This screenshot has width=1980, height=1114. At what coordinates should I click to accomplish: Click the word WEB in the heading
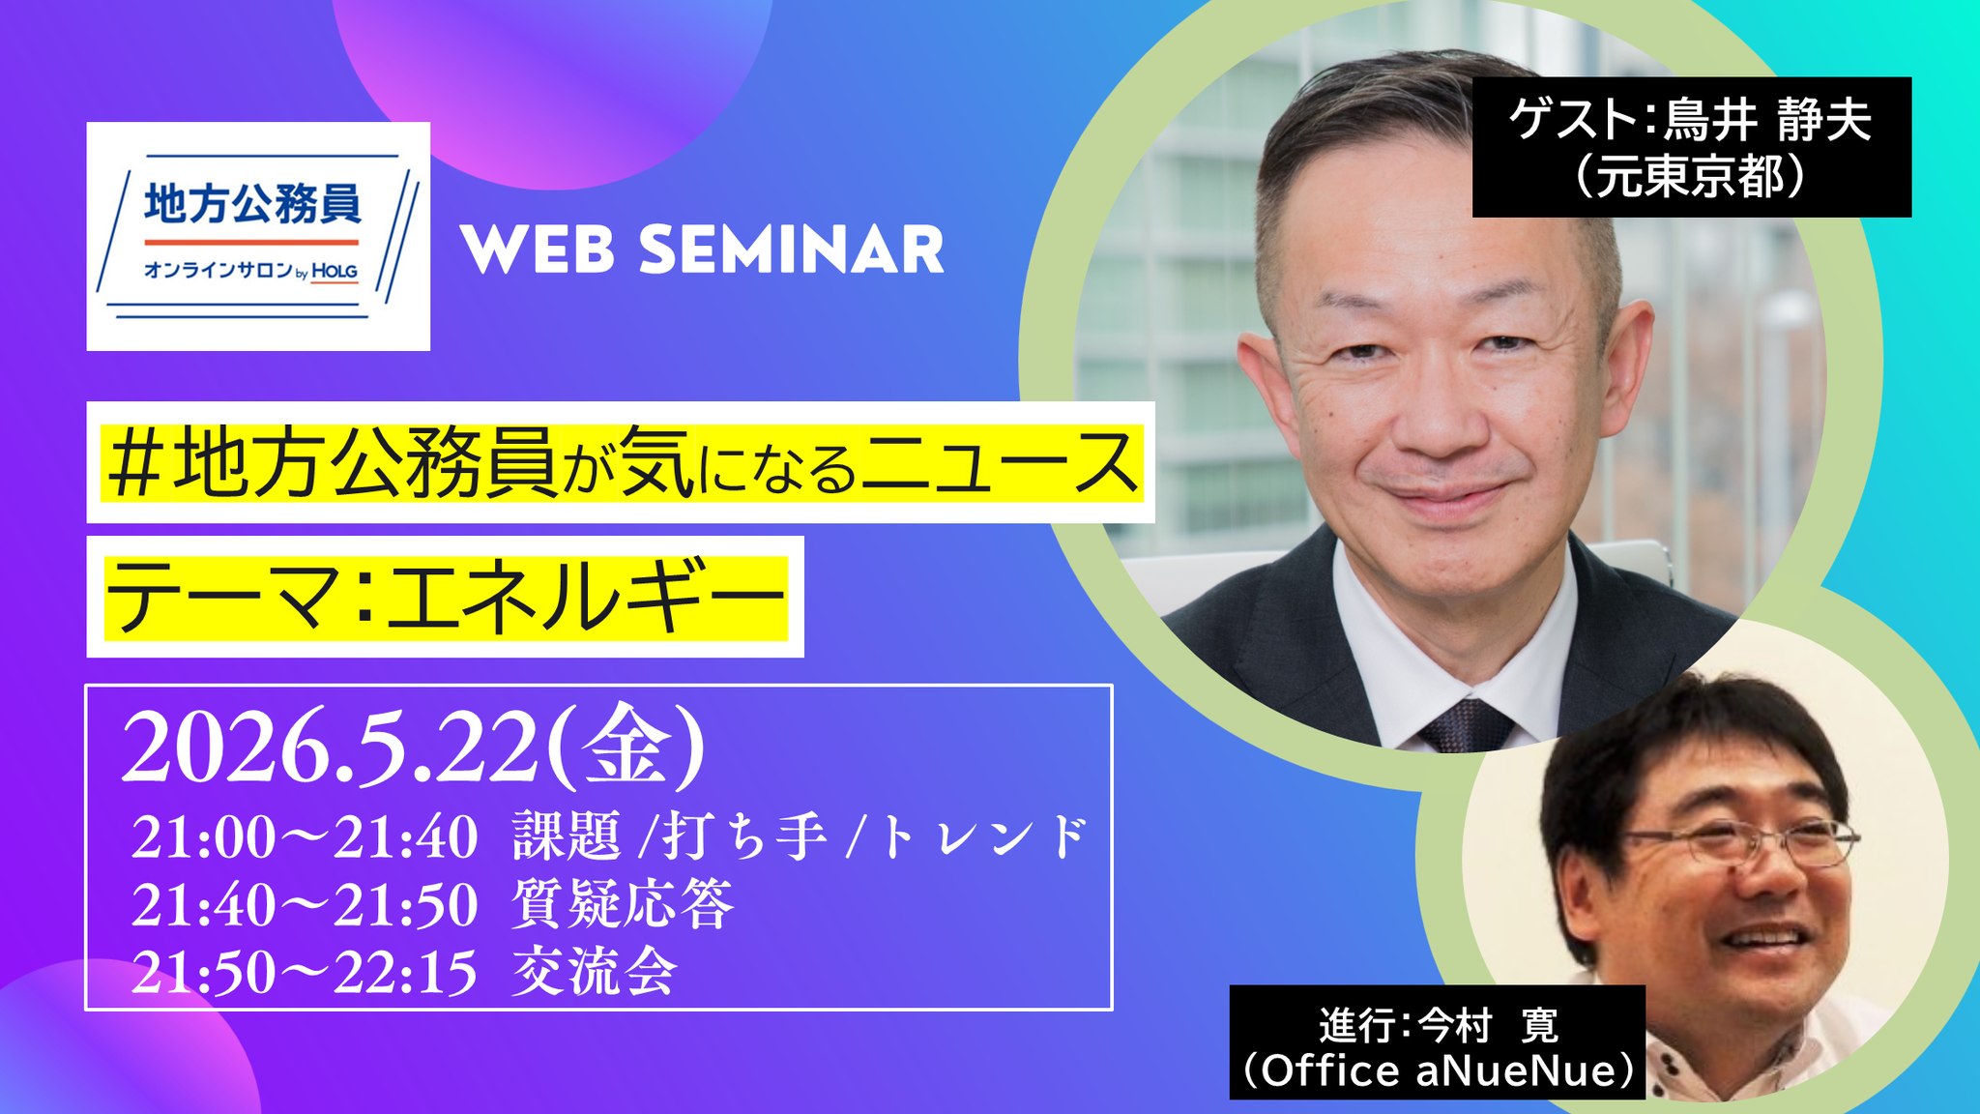[538, 249]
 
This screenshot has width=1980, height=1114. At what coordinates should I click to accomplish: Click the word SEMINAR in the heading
[792, 249]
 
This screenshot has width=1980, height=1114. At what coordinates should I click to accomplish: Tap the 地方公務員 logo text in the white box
[253, 203]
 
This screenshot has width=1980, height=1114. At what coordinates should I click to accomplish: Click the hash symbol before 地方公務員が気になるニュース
[134, 464]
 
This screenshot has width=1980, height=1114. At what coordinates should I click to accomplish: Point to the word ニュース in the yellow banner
[1000, 462]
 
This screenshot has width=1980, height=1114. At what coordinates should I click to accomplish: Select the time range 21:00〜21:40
[305, 836]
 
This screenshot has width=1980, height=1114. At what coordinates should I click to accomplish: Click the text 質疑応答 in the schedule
[624, 904]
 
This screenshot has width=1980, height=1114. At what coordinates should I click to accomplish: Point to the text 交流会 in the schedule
[595, 971]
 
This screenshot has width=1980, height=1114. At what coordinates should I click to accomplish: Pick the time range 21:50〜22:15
[305, 972]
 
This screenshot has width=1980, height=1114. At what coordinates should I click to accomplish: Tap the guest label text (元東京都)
[1691, 178]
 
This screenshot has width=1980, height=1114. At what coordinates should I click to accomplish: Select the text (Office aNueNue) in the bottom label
[1438, 1070]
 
